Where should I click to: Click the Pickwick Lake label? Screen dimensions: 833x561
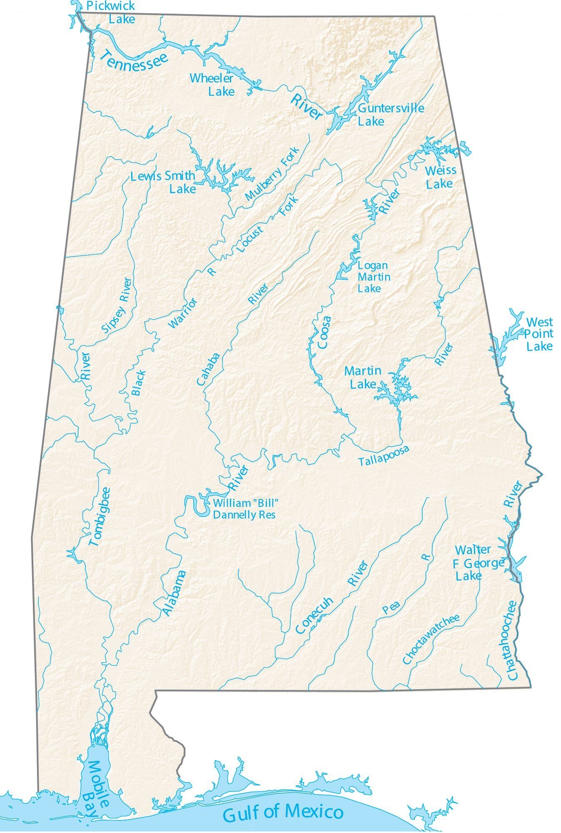[x=112, y=12]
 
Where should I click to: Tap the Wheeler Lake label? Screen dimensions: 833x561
[x=212, y=85]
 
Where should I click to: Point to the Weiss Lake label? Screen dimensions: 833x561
[x=440, y=177]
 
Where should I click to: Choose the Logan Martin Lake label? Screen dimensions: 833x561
[x=373, y=277]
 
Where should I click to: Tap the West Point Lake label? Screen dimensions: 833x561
[x=539, y=334]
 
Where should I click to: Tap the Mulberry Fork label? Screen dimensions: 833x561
[x=272, y=173]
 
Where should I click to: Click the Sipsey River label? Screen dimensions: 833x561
[x=117, y=305]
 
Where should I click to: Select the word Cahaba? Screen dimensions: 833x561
[x=208, y=369]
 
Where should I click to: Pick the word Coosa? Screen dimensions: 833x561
[x=324, y=332]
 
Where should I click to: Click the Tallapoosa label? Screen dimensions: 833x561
[x=384, y=455]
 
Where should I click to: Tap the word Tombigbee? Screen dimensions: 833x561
[x=100, y=516]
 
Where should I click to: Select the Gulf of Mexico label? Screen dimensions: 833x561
[x=283, y=812]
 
